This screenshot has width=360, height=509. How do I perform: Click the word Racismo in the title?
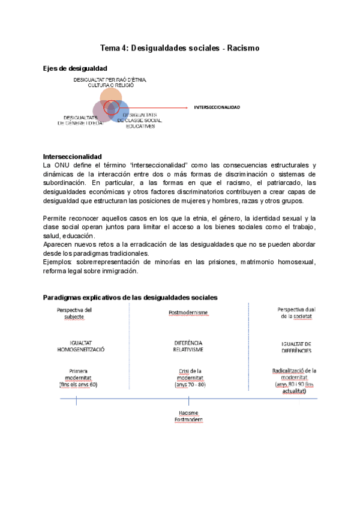tap(243, 48)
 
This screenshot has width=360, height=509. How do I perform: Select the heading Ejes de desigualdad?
tap(75, 69)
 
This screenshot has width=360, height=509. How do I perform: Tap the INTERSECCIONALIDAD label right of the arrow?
tap(217, 107)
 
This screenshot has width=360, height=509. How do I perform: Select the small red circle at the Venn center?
tap(111, 107)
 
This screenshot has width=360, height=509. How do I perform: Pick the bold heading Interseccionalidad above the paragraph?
tap(73, 157)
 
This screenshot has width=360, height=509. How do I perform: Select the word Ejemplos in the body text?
tap(58, 262)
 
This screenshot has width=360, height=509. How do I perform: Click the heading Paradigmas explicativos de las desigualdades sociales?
tap(130, 298)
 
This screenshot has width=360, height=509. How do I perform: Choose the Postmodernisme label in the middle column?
tap(189, 313)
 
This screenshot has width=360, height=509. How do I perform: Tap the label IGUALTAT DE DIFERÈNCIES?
tap(296, 347)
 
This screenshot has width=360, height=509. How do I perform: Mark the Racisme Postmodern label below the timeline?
tap(189, 416)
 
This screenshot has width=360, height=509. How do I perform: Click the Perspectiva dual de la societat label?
tap(296, 313)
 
